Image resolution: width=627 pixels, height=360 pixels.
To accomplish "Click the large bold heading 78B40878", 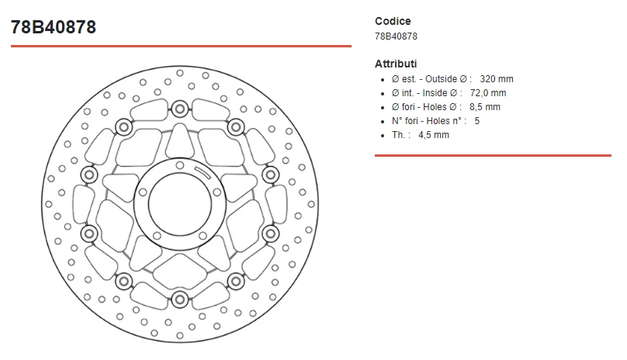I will [54, 27].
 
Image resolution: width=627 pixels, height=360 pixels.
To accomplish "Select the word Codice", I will [393, 21].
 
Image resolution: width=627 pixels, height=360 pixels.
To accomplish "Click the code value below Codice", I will [396, 36].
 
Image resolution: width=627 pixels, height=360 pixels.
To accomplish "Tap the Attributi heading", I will [396, 64].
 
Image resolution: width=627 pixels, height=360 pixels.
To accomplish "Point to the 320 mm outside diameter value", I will [497, 79].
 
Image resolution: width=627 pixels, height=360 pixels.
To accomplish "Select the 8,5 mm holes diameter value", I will [485, 107].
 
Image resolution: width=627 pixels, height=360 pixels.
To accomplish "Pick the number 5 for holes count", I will [477, 121].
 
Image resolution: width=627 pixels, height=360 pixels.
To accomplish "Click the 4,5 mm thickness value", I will [433, 135].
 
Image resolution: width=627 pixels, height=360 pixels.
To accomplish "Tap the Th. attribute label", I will [400, 135].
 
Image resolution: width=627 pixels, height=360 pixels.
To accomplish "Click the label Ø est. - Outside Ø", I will [431, 79].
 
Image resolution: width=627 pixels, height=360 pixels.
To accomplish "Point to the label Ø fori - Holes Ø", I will [427, 107].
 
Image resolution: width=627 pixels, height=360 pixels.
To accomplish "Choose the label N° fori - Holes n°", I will [428, 121].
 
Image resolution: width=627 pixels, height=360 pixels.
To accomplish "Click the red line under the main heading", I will [181, 46].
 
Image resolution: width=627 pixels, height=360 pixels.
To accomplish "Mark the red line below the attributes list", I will [493, 155].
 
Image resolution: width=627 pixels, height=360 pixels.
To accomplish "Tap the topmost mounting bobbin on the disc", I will [179, 107].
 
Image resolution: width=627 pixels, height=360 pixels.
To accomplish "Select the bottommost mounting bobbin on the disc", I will [179, 299].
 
